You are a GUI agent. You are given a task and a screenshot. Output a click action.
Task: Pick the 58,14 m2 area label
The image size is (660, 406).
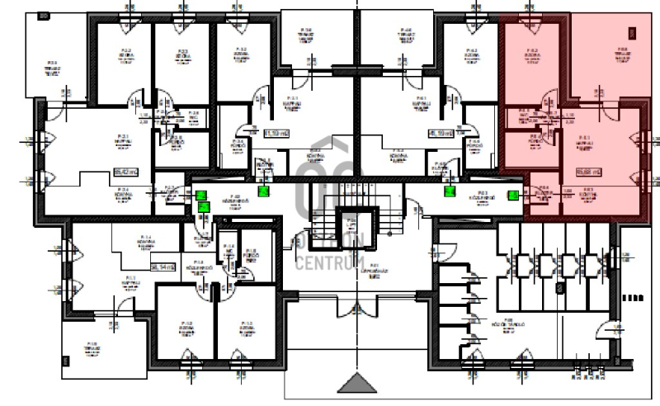[163, 267]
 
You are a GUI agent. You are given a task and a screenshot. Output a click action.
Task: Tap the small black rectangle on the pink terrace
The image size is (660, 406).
[633, 34]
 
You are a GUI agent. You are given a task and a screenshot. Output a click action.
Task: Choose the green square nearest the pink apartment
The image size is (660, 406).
[513, 196]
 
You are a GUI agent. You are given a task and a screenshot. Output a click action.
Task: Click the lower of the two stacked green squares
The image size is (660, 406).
[202, 208]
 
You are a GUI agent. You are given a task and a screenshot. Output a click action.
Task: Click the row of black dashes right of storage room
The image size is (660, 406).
[634, 295]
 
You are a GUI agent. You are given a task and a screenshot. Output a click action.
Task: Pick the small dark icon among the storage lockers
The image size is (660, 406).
[559, 289]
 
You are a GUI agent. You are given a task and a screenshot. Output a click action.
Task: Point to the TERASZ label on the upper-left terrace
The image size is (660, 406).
[51, 66]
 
